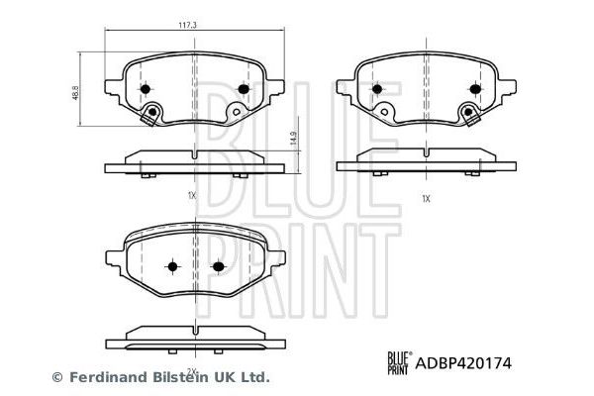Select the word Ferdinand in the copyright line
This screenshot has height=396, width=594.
click(103, 376)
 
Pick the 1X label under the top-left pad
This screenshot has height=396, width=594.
click(191, 196)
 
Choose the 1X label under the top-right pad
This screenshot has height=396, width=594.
click(426, 198)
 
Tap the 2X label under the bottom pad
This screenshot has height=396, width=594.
click(194, 370)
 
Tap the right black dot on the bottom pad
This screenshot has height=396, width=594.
click(219, 267)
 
